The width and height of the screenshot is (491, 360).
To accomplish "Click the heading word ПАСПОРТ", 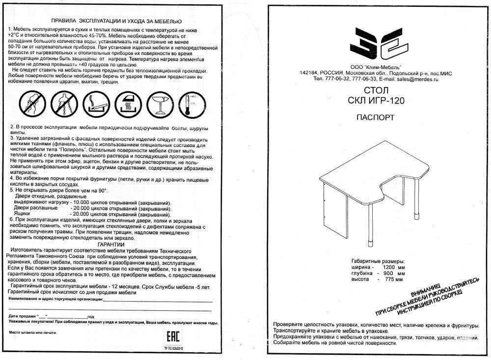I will pyautogui.click(x=376, y=117).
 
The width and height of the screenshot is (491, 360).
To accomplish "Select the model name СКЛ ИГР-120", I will pyautogui.click(x=377, y=101).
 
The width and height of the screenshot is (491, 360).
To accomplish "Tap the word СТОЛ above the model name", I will pyautogui.click(x=377, y=91).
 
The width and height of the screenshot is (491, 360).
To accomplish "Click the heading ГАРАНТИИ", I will pyautogui.click(x=111, y=244).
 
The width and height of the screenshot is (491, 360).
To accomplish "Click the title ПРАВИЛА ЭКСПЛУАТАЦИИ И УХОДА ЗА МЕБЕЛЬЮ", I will pyautogui.click(x=116, y=22).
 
